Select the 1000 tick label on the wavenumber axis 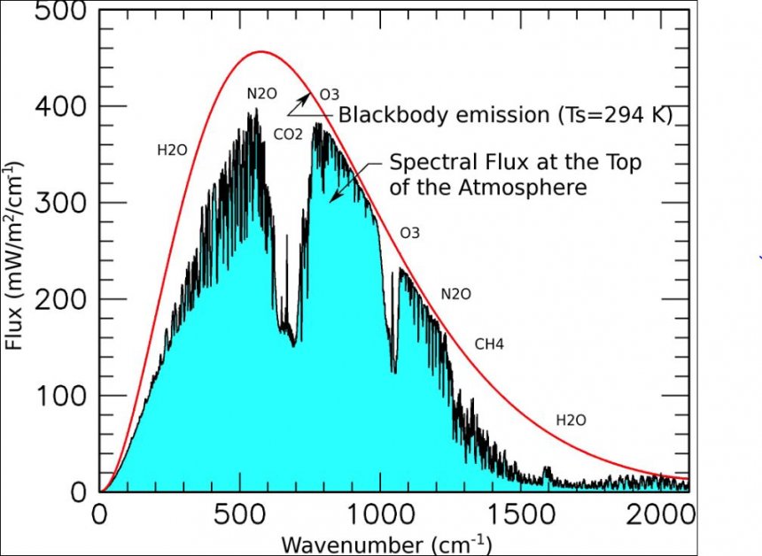tap(381, 513)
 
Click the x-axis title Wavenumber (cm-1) tap(385, 541)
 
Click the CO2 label tap(288, 135)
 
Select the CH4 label tap(489, 344)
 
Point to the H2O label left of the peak tap(172, 150)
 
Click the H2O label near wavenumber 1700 tap(571, 420)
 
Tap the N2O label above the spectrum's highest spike tap(261, 94)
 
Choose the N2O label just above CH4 tap(456, 294)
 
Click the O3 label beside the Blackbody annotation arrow tap(329, 94)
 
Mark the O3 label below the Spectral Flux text tap(409, 234)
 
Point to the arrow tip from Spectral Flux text tap(330, 199)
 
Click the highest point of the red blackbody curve tap(260, 51)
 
